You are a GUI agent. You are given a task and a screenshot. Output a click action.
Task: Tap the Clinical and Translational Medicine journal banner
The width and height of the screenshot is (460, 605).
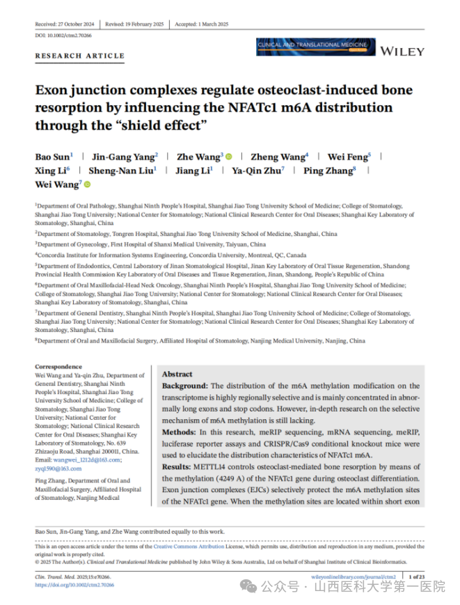[311, 47]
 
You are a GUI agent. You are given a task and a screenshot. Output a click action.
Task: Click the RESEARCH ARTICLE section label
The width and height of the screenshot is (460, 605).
[79, 56]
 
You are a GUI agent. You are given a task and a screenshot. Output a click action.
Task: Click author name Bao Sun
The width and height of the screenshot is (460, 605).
[52, 157]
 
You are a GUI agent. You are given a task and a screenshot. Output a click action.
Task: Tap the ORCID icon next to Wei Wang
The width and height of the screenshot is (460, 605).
[86, 185]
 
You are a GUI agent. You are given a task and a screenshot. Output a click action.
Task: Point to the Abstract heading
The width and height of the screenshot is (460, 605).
[177, 374]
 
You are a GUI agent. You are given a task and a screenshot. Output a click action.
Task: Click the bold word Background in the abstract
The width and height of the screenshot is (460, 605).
[184, 386]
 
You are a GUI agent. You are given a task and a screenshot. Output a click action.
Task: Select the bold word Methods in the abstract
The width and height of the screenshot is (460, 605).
[179, 432]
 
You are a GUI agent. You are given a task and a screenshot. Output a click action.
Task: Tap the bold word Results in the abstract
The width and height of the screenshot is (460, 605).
[177, 467]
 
